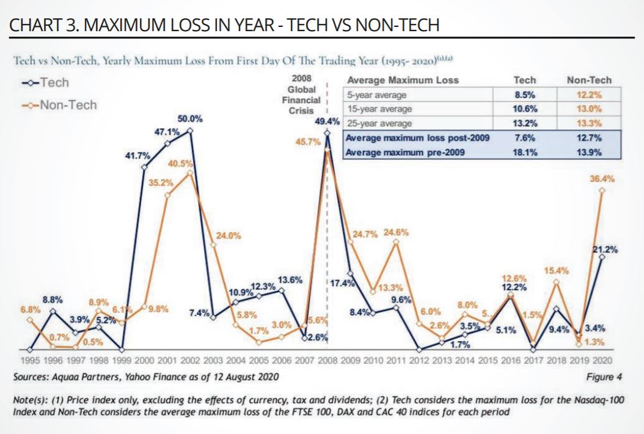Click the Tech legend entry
pos(46,83)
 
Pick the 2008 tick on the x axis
pos(327,361)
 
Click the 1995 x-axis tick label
pos(31,361)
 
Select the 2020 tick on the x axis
pos(602,361)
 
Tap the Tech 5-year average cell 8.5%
pos(525,95)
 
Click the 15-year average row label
pos(379,108)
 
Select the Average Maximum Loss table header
pos(402,80)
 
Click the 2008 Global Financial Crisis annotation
pos(304,95)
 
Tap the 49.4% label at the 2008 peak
pos(327,121)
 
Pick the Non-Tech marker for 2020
pos(602,190)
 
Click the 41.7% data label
pos(137,156)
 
